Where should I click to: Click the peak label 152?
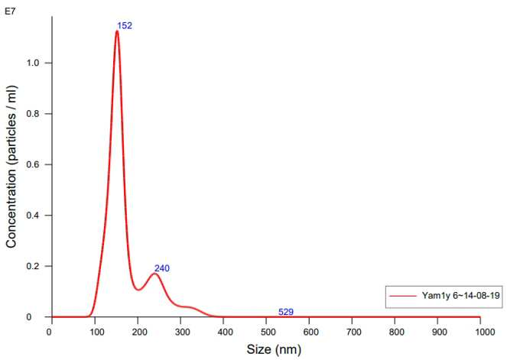point(125,25)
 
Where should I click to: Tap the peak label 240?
point(161,268)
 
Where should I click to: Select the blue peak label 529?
point(286,312)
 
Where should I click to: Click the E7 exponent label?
point(10,12)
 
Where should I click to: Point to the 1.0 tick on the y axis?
point(33,63)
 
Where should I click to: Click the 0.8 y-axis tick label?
point(33,114)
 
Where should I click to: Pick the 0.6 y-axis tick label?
point(33,164)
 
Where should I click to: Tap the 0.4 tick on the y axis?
point(33,216)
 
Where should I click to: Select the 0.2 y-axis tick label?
point(33,266)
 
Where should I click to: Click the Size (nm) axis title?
point(274,349)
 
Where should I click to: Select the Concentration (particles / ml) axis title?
point(11,167)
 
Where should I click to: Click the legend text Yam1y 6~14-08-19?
point(461,295)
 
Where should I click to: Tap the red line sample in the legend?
point(403,296)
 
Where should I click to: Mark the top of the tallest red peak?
point(117,31)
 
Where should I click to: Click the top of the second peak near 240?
point(155,274)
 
